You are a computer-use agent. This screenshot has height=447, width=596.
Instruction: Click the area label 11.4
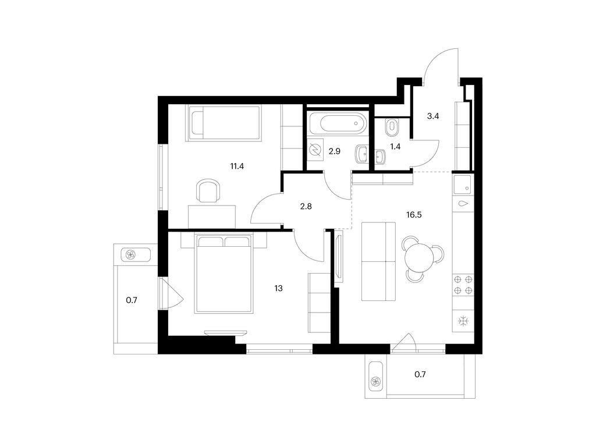point(237,166)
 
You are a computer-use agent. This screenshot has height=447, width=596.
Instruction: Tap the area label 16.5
point(414,214)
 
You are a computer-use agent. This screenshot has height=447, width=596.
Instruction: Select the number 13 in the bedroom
point(279,288)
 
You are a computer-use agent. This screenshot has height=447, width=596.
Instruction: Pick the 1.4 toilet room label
point(395,147)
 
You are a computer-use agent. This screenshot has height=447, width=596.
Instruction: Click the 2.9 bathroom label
point(334,151)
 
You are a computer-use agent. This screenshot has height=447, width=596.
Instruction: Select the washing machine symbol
point(316,151)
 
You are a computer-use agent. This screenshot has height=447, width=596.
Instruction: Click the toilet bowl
point(391,125)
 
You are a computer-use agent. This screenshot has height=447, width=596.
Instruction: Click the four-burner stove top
point(463,285)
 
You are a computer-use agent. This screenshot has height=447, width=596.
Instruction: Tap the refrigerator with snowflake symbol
point(463,321)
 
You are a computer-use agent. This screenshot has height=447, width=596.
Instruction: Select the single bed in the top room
point(223,123)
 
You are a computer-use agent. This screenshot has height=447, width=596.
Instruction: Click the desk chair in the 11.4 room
point(208,191)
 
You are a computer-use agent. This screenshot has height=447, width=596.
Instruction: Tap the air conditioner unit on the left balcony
point(131,254)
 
